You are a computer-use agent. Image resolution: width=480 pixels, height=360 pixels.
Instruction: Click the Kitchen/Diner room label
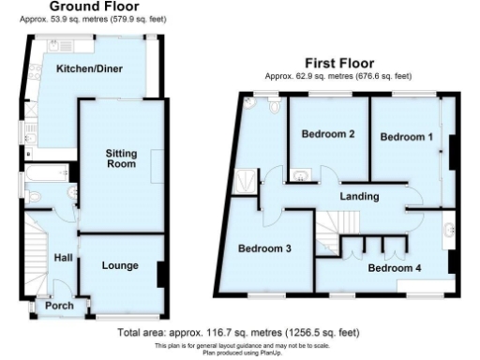[x=89, y=68]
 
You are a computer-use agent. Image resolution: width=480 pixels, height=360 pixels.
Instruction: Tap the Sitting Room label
[x=122, y=158]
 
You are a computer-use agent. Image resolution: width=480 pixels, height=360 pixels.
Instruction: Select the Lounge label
[x=120, y=265]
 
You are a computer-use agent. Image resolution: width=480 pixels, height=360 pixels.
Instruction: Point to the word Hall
[x=63, y=258]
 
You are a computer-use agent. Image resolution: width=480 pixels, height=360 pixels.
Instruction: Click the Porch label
[x=59, y=305]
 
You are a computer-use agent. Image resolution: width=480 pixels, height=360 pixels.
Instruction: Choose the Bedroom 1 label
[x=406, y=137]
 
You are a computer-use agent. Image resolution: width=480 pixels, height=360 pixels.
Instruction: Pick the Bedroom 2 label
[x=327, y=134]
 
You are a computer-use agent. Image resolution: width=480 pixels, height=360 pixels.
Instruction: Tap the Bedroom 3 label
[x=263, y=249]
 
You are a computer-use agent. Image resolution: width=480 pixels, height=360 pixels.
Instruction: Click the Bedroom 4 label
[x=394, y=268]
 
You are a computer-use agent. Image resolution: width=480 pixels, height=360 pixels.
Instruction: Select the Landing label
[x=359, y=197]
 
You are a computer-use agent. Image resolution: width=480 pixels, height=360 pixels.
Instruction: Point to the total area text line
[x=238, y=332]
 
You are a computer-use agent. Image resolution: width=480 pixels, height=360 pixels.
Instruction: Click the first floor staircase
[x=329, y=226]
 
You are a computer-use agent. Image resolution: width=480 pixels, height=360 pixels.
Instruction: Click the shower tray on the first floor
[x=245, y=179]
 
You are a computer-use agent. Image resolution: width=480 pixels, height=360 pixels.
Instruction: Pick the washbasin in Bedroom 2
[x=302, y=173]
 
